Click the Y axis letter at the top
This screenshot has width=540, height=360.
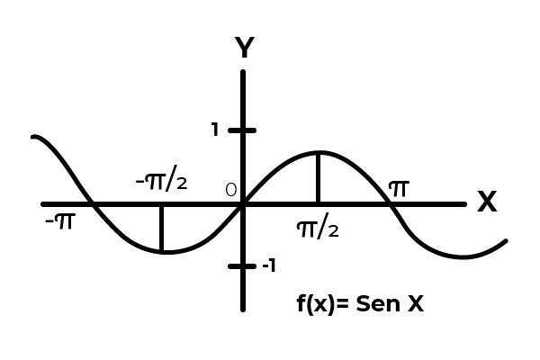(243, 48)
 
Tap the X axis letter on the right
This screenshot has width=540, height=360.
(487, 202)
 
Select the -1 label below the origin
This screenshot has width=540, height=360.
(268, 265)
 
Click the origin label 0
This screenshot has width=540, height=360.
(230, 191)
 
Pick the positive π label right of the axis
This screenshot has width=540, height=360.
(398, 188)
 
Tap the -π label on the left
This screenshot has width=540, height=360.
(59, 219)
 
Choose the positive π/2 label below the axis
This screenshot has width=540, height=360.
(318, 228)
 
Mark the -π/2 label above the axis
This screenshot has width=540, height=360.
(161, 181)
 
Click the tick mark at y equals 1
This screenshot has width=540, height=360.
(242, 130)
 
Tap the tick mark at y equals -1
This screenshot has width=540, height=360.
(242, 265)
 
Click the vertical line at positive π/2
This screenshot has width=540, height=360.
(318, 178)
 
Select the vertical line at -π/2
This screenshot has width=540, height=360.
(161, 229)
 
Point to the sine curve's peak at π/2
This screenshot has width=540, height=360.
(318, 152)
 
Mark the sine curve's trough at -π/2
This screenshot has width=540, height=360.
(162, 252)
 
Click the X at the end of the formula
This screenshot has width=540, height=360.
(415, 304)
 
